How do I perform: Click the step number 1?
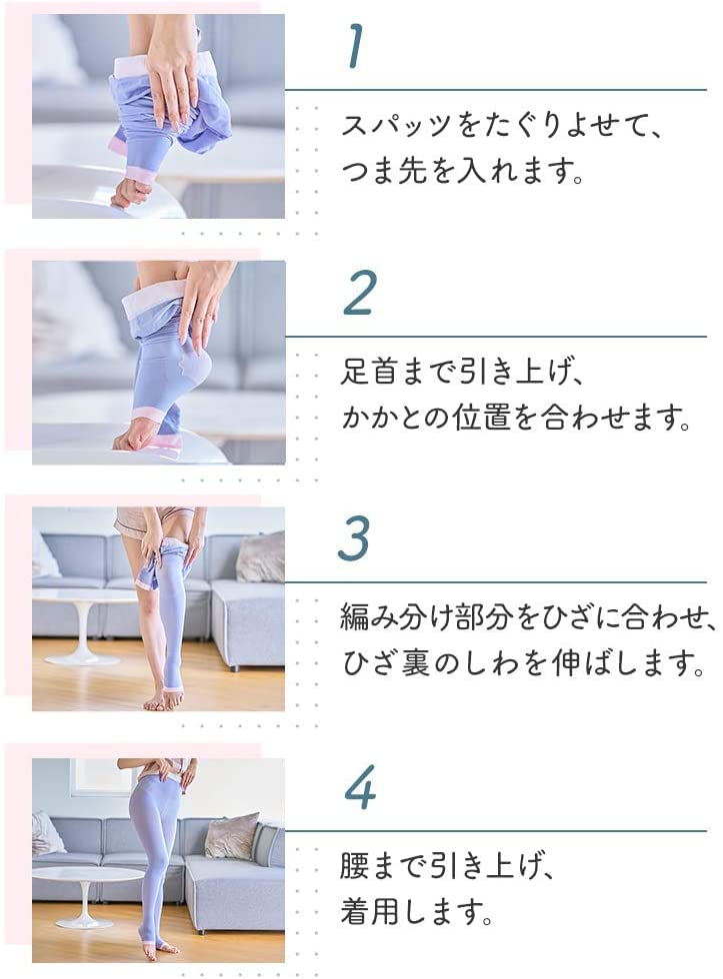point(354,47)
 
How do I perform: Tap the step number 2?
point(357,293)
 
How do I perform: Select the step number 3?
point(355,539)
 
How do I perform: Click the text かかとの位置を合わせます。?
point(517,419)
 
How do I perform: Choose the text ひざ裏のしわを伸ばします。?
point(517,665)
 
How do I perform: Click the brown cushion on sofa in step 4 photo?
point(232,835)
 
